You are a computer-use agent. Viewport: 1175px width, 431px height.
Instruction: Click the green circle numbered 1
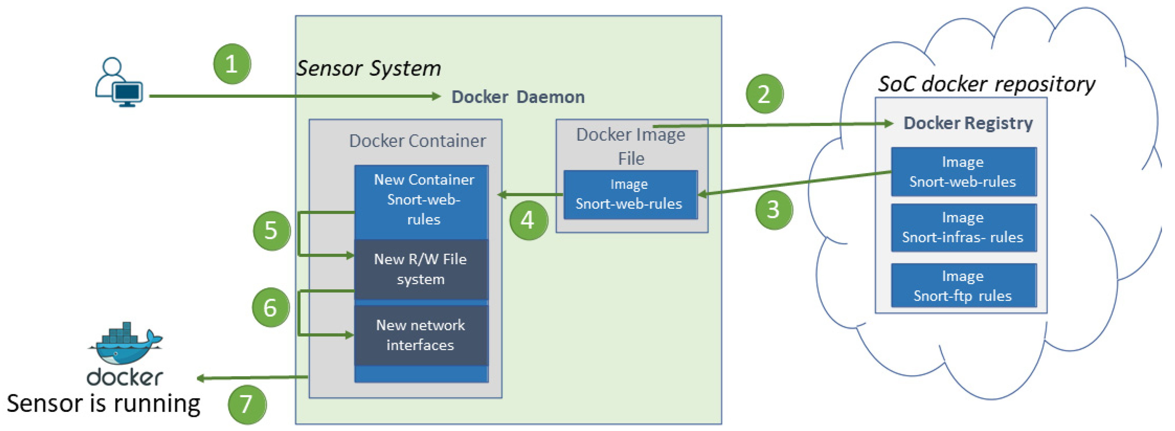tap(232, 64)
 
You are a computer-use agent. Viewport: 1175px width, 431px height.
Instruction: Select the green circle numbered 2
tap(764, 94)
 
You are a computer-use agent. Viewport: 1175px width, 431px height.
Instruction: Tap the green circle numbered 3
tap(774, 210)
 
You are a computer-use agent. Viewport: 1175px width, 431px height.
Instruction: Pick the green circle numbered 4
tap(528, 220)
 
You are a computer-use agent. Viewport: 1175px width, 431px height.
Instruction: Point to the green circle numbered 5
tap(271, 230)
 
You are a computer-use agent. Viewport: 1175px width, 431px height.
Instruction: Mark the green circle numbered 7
tap(247, 404)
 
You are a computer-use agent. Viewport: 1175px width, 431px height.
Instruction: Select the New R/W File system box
tap(420, 269)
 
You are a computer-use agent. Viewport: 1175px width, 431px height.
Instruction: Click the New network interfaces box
tap(420, 335)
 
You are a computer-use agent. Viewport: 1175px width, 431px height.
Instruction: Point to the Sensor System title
tap(369, 68)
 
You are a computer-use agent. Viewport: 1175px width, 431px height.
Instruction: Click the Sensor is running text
tap(104, 404)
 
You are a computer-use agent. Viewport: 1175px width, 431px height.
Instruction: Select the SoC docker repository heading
tap(986, 84)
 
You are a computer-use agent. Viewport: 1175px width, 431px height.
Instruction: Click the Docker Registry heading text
tap(968, 123)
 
